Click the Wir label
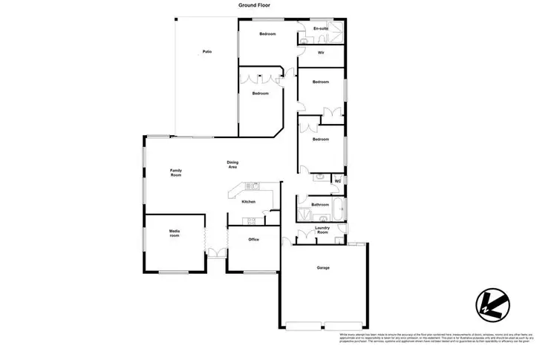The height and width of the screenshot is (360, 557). point(320,53)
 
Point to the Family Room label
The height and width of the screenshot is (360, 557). point(176,172)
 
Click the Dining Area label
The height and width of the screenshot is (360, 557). point(232,165)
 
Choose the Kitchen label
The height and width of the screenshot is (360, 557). point(250,202)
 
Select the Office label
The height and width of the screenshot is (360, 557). point(253,240)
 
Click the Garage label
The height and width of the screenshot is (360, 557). point(323,268)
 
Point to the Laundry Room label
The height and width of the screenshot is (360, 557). point(322,230)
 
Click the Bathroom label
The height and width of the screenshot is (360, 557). point(320,205)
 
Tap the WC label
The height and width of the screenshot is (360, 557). point(337,181)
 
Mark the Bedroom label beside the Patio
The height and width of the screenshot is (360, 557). point(259,94)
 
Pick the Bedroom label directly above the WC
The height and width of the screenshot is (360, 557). point(320,140)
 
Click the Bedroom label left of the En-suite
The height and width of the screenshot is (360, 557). point(267,35)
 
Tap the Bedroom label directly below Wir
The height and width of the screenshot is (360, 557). point(320,82)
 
